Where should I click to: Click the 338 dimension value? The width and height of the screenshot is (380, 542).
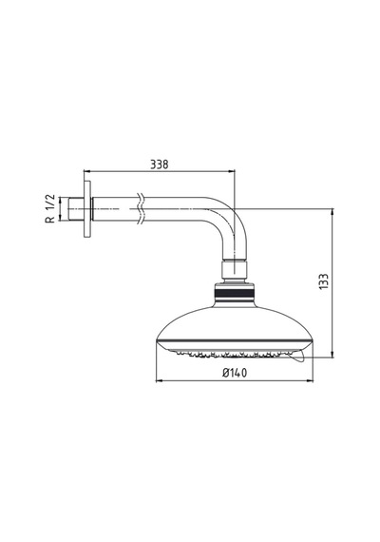[160, 165]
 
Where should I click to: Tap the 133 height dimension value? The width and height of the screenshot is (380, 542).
[324, 281]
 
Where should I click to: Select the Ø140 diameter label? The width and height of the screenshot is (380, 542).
[235, 373]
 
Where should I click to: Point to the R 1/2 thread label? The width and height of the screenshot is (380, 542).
[50, 208]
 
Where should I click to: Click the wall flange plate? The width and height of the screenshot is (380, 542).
[87, 209]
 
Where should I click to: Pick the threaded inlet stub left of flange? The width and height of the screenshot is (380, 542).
[76, 209]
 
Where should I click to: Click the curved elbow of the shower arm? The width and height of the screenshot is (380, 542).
[231, 222]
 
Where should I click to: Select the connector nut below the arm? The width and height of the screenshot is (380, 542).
[235, 271]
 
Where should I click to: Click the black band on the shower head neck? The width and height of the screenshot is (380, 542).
[235, 294]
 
